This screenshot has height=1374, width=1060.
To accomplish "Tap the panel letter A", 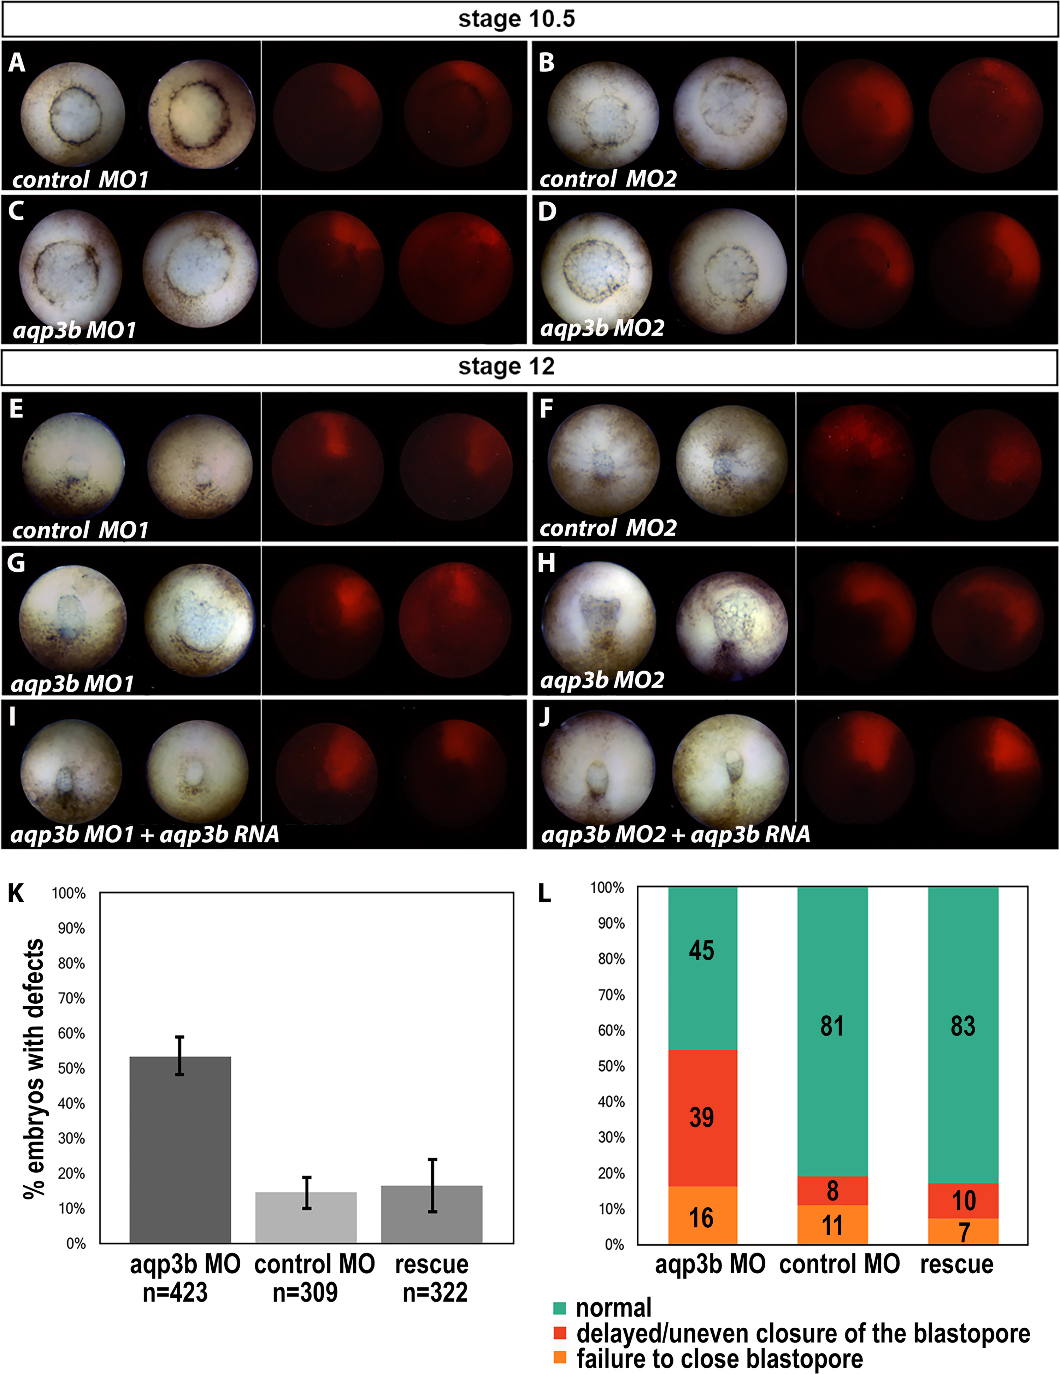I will click(x=17, y=63).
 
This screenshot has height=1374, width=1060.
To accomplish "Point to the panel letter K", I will click(x=16, y=894).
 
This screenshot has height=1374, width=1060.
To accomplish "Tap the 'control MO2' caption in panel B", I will click(x=608, y=179).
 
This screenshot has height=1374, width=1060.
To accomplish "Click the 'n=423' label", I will click(x=176, y=1292).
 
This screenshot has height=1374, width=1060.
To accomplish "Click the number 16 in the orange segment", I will click(x=701, y=1218).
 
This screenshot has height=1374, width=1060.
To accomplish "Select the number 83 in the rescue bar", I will click(x=962, y=1026).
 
